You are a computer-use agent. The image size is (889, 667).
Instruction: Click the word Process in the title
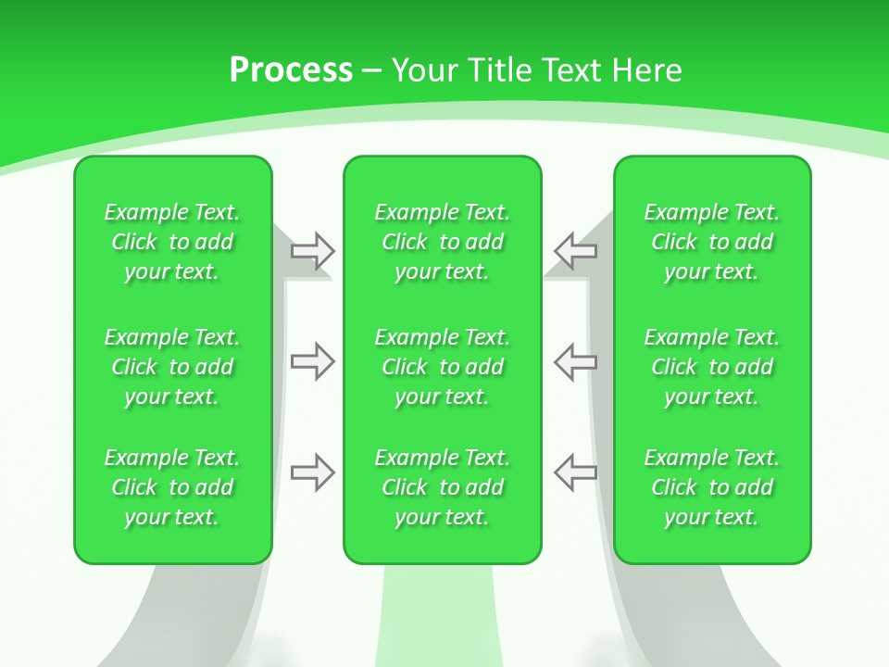291,70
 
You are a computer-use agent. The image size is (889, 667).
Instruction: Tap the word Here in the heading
648,70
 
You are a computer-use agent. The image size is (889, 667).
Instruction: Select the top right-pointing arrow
312,250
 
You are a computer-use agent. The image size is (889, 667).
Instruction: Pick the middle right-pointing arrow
312,361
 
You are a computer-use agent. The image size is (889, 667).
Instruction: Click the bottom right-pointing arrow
312,472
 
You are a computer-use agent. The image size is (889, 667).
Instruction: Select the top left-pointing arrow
576,250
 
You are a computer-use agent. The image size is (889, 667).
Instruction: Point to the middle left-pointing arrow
576,361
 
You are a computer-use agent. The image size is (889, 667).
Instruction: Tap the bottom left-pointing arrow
576,472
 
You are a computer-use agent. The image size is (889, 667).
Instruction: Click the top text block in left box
172,242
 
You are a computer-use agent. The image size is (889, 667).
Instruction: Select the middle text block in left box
172,367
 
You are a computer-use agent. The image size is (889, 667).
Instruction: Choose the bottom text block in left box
172,487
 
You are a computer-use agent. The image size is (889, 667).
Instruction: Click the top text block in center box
443,242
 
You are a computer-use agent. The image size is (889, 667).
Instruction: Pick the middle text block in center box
443,367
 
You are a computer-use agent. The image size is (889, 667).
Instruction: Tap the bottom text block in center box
443,487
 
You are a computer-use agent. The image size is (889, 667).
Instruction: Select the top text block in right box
712,242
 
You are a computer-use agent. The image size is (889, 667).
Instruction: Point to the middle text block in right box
712,367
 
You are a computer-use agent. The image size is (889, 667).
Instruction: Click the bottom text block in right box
712,487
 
